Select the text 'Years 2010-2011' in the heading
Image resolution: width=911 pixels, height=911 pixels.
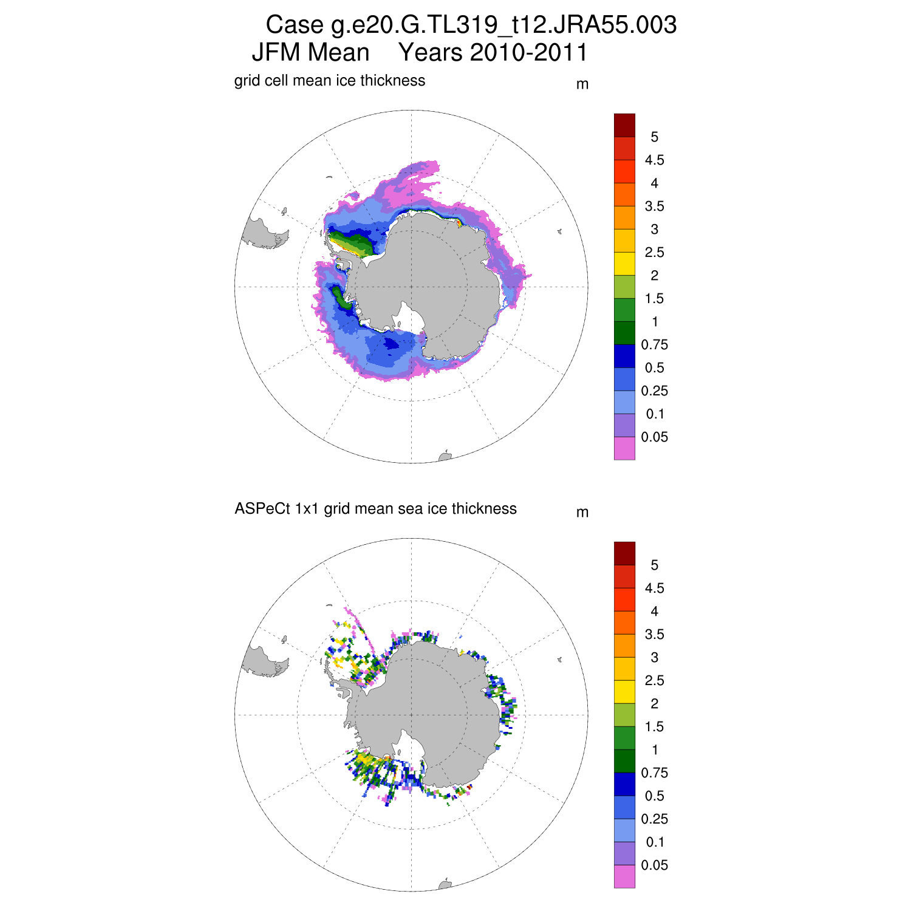click(x=493, y=53)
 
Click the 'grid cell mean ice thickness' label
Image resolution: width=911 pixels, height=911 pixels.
click(x=330, y=81)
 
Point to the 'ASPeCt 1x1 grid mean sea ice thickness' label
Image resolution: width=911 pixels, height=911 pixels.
click(x=375, y=509)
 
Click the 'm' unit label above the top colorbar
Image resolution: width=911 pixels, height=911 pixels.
click(x=582, y=84)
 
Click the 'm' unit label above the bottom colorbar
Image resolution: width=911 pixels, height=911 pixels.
click(x=582, y=513)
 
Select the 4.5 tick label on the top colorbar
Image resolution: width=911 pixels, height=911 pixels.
click(x=654, y=160)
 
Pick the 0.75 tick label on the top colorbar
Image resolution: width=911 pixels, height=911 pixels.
click(x=654, y=345)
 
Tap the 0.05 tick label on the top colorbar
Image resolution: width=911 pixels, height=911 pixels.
click(x=654, y=437)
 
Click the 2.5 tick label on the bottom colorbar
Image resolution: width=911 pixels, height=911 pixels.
click(x=654, y=681)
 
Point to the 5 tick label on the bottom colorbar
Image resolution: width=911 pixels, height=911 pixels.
click(x=654, y=565)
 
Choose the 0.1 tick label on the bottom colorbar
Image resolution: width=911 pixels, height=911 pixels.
click(x=655, y=842)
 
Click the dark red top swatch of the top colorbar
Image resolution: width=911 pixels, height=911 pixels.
click(x=624, y=125)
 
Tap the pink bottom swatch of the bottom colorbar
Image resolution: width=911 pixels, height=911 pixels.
click(x=624, y=876)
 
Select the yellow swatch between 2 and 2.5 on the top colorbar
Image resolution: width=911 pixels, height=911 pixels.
click(x=624, y=264)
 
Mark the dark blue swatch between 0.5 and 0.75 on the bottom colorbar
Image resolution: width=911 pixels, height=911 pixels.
click(x=624, y=784)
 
